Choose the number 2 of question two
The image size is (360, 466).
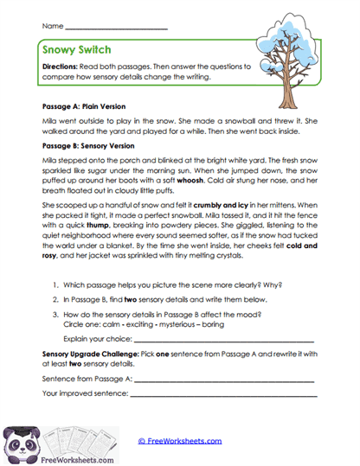pyautogui.click(x=55, y=297)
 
